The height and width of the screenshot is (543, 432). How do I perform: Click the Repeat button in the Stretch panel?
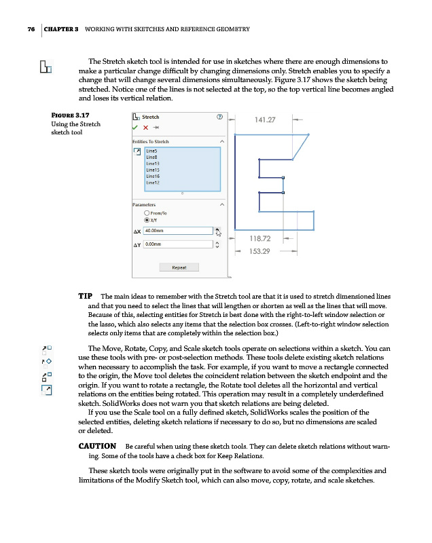(179, 267)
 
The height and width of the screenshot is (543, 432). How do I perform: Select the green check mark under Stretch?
(136, 128)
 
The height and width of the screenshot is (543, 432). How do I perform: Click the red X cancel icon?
(146, 128)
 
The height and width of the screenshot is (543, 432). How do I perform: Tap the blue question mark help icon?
(219, 117)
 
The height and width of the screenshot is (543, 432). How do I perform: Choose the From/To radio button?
(147, 212)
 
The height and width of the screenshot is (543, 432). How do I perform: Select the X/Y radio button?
(147, 220)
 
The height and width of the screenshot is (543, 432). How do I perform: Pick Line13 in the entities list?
(151, 163)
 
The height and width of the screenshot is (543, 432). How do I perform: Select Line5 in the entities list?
(151, 151)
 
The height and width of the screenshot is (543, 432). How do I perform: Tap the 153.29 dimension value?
(261, 251)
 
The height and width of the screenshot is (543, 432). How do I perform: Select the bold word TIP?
(86, 297)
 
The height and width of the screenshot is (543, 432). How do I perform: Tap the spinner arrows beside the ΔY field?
(217, 244)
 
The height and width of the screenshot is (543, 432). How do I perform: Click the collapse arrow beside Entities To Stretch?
(221, 141)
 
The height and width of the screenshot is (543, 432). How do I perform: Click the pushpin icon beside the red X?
(156, 128)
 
